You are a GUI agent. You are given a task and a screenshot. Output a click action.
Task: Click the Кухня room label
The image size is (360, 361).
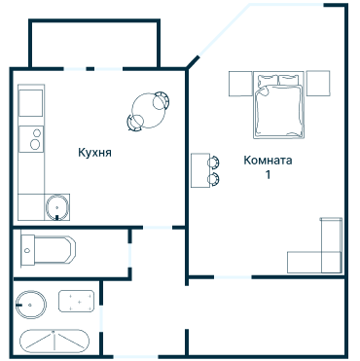point(94,153)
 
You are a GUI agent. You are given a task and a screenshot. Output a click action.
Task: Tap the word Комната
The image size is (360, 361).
point(268,161)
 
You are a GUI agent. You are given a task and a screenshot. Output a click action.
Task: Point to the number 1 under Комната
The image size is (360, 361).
point(268,174)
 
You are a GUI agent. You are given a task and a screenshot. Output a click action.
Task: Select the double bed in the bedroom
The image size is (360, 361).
point(278,105)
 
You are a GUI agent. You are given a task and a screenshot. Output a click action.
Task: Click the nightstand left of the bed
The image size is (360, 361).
point(240,84)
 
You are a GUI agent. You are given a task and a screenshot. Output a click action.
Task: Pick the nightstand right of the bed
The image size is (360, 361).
point(318,84)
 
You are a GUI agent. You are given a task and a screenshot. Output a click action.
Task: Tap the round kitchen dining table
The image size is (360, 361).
point(149,111)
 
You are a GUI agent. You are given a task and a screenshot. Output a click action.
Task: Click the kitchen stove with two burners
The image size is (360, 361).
point(31,139)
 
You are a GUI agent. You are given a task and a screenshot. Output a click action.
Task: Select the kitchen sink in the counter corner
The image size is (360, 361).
point(57,207)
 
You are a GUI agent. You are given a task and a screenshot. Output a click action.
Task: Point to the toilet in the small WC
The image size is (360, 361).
point(48,249)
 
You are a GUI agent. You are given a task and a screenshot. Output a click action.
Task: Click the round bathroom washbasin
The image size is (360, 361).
point(31,305)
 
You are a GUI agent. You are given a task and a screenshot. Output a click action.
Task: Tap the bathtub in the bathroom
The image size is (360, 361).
point(54,342)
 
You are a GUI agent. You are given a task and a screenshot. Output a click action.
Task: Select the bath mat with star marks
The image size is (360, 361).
point(77,302)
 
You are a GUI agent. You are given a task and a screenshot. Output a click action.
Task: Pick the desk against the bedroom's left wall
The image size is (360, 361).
point(200,170)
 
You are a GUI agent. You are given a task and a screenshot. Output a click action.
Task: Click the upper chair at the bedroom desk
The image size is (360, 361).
point(214,162)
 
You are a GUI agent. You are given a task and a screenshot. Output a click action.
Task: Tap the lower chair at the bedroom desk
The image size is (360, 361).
point(214,179)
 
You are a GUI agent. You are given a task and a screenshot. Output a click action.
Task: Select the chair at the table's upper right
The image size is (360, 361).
point(162,100)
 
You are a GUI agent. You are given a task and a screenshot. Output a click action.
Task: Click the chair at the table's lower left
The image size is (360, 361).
point(135,123)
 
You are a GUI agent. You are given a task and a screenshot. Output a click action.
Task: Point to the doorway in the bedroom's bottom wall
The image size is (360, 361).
point(233,277)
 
